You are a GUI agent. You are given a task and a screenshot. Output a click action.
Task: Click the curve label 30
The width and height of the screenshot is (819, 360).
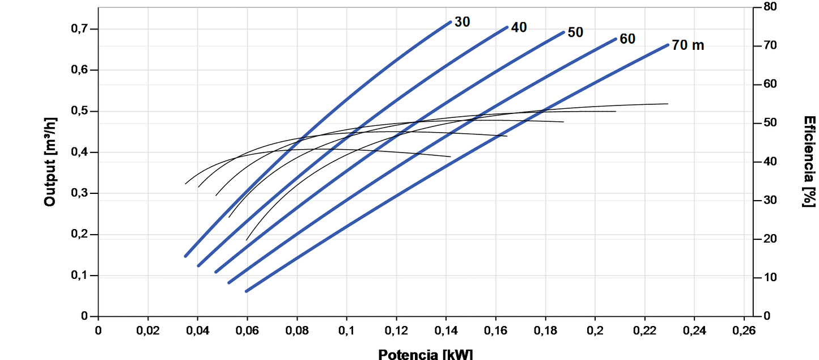click(x=462, y=22)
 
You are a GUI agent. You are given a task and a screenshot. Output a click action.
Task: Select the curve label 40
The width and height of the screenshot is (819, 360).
click(x=519, y=27)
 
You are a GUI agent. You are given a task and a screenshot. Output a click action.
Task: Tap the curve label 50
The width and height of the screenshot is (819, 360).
click(x=575, y=32)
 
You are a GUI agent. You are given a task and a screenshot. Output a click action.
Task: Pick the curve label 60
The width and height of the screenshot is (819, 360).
click(x=627, y=39)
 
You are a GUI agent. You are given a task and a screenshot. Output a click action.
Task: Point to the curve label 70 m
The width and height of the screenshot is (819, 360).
click(x=688, y=45)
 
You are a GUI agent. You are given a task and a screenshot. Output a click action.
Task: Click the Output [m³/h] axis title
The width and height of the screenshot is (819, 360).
click(x=50, y=162)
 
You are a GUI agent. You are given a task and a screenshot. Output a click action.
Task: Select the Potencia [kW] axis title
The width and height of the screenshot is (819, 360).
click(x=425, y=354)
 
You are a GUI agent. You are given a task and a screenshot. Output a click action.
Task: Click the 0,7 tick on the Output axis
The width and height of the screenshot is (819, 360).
click(x=83, y=29)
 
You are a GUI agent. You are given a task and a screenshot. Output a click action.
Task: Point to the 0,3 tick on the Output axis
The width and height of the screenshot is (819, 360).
click(x=83, y=193)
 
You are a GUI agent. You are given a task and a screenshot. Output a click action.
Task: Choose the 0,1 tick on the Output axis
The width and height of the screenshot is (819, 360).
click(x=83, y=276)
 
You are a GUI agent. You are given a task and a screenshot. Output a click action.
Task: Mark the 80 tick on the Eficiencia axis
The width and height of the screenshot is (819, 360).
click(x=769, y=7)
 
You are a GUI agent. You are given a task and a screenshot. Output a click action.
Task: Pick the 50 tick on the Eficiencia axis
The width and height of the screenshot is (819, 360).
click(x=769, y=122)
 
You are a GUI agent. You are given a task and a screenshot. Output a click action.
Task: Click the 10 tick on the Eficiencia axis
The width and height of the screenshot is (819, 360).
click(x=769, y=277)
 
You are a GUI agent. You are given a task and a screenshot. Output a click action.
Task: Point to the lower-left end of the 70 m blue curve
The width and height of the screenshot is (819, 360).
click(x=247, y=291)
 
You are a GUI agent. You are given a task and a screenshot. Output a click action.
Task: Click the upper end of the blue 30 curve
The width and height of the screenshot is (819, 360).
click(x=450, y=22)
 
